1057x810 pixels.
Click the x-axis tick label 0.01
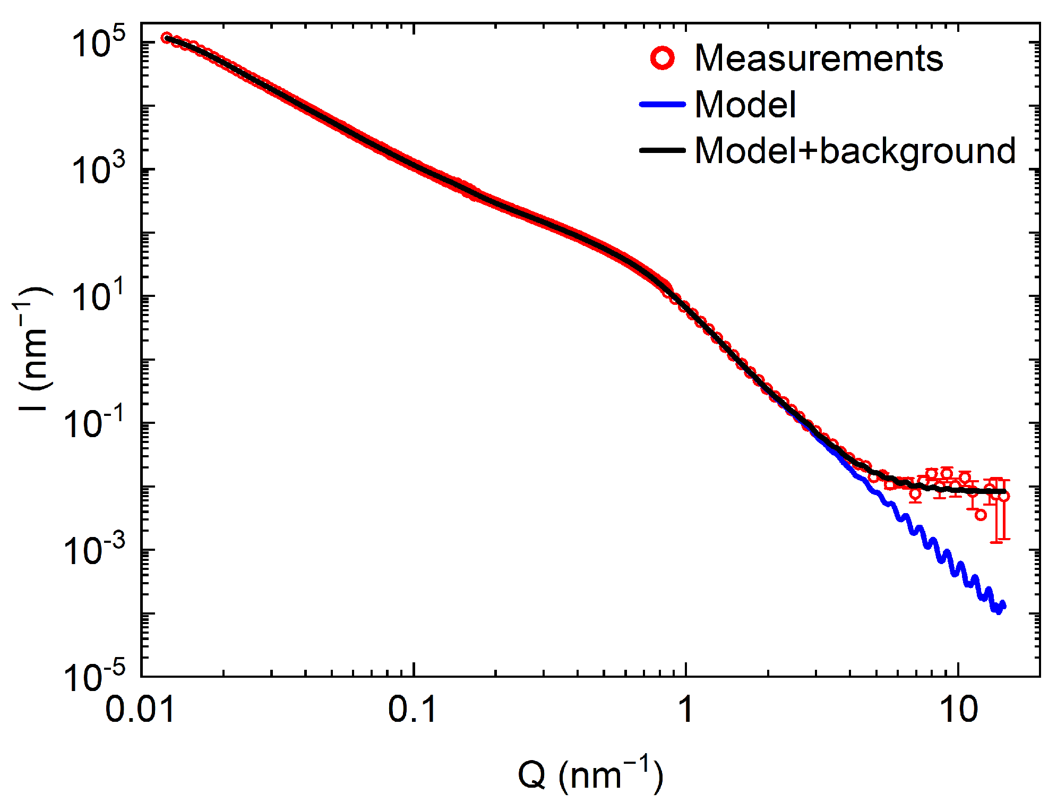[140, 709]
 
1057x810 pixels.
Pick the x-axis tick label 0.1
[413, 709]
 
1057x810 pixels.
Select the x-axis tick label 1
[686, 709]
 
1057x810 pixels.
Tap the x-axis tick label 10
[959, 709]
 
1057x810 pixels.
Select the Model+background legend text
[855, 150]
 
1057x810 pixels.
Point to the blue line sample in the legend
[663, 104]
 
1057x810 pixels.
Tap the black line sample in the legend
[663, 150]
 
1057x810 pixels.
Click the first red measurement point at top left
[167, 37]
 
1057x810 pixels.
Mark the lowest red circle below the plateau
[981, 515]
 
